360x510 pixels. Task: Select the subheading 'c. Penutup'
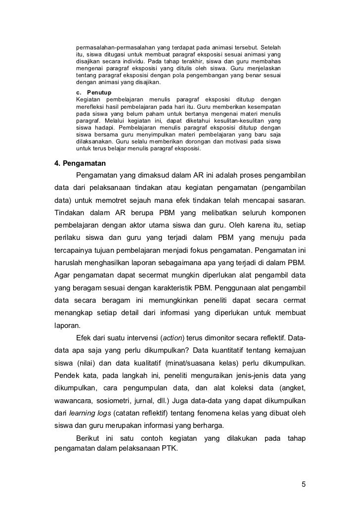point(94,93)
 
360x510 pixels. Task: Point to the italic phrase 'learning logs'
point(90,413)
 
